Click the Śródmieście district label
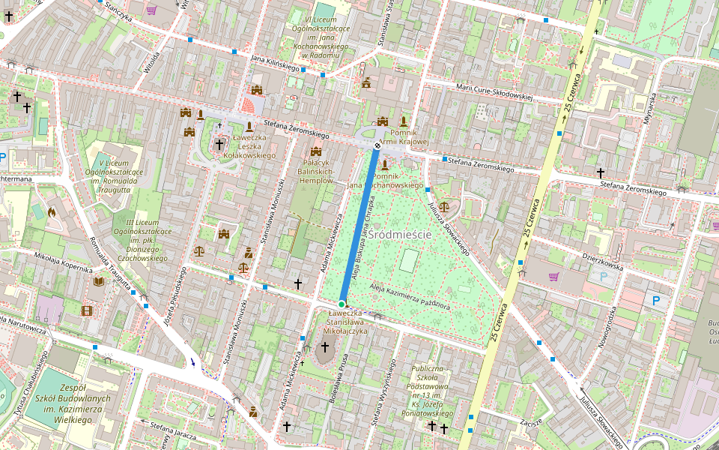point(400,235)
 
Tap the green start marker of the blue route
point(342,303)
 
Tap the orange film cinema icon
point(88,310)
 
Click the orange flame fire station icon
point(52,212)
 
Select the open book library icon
point(99,281)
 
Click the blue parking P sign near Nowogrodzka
point(656,301)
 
